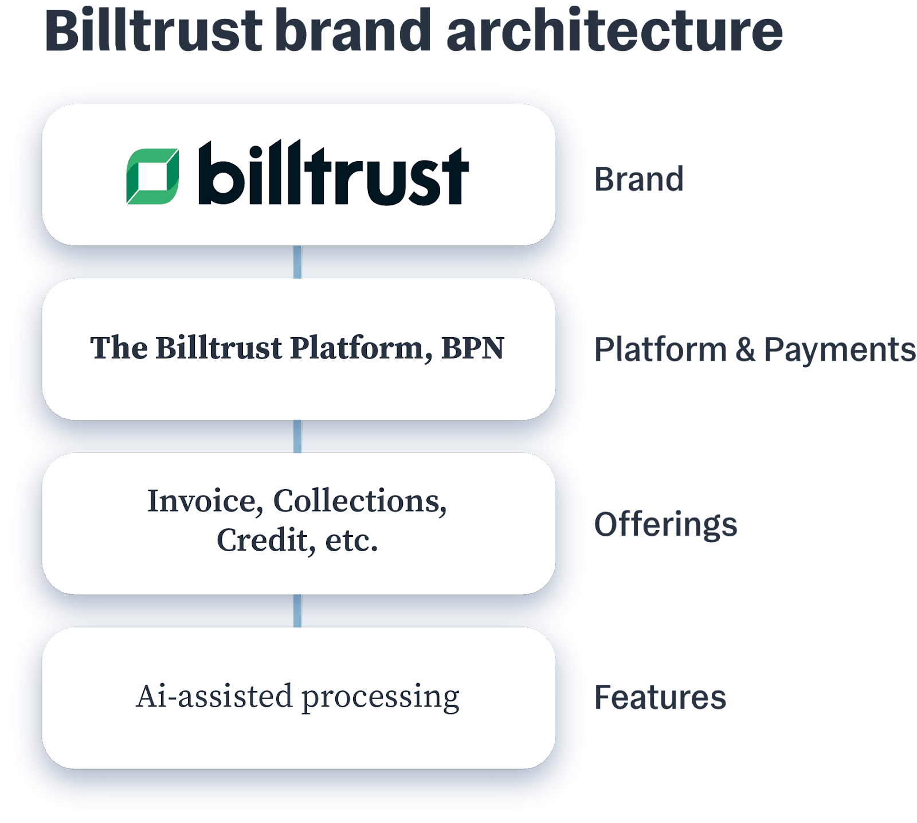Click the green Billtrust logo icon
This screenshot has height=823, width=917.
click(152, 177)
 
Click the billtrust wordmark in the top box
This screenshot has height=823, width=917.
click(334, 174)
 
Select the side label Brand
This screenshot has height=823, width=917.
click(638, 179)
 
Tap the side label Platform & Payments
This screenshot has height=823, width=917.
click(754, 349)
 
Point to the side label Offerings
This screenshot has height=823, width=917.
click(665, 524)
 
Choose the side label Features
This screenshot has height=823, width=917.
click(660, 697)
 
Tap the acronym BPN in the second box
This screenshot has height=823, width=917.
click(473, 348)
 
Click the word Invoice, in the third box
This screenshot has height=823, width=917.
click(205, 501)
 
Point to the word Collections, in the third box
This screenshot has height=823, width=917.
click(360, 501)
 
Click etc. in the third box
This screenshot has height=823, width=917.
click(351, 541)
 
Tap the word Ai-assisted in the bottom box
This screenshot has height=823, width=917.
click(214, 696)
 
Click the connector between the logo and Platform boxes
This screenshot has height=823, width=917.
click(297, 262)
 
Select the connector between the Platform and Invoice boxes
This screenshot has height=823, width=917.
click(297, 436)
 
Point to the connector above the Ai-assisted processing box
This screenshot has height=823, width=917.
click(297, 611)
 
